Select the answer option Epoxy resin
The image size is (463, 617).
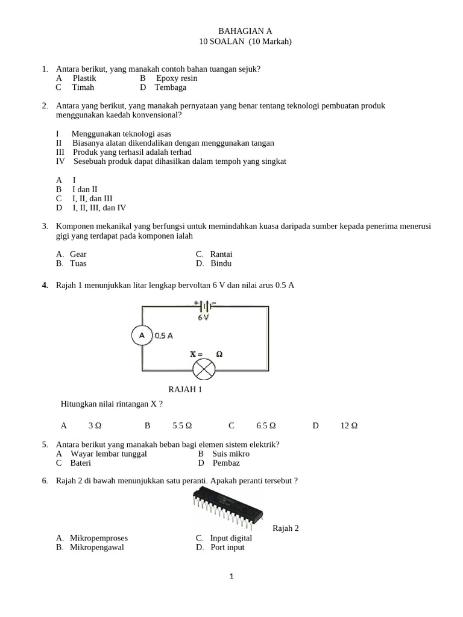177,78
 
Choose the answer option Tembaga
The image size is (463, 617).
170,87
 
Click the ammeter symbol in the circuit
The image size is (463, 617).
142,335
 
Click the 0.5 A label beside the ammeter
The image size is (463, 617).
163,336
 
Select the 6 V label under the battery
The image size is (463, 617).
204,318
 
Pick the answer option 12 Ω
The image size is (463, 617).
349,425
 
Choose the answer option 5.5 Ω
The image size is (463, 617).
182,425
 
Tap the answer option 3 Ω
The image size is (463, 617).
95,425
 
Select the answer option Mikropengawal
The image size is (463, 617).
99,547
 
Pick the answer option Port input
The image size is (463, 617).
227,547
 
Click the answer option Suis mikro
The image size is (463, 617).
231,454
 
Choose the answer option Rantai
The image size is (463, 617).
221,254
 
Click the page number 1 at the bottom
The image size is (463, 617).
231,577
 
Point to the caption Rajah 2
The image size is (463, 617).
286,528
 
